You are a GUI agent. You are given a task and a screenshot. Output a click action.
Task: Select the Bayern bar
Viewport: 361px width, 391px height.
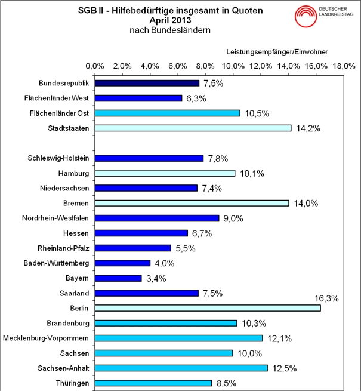coord(118,278)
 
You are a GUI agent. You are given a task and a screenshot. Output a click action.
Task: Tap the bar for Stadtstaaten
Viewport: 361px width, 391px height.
coord(193,128)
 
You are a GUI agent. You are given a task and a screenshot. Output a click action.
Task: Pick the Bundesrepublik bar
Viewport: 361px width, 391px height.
coord(147,83)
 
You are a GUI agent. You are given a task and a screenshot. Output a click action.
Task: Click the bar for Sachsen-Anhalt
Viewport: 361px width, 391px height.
coord(181,368)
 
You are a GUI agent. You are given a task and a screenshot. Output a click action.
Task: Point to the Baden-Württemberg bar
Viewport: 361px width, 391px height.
coord(122,263)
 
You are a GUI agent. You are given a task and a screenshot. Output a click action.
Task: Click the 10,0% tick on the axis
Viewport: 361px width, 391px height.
coord(233,65)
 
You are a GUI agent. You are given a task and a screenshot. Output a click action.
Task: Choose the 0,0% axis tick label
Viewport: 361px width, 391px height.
coord(95,65)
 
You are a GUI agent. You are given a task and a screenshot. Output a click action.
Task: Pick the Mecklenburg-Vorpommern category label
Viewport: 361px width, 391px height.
coord(46,338)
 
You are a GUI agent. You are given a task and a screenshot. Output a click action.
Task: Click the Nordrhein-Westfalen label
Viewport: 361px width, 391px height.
coord(55,218)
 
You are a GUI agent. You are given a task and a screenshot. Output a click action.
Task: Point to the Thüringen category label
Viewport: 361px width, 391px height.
coord(69,383)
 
